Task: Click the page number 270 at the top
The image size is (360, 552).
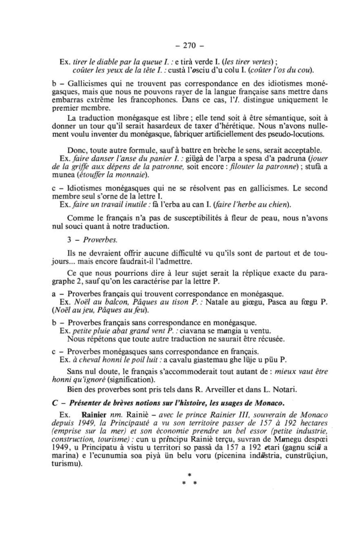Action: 189,46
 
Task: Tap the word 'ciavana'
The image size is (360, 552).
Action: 191,331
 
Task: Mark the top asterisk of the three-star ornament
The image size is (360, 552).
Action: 189,475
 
